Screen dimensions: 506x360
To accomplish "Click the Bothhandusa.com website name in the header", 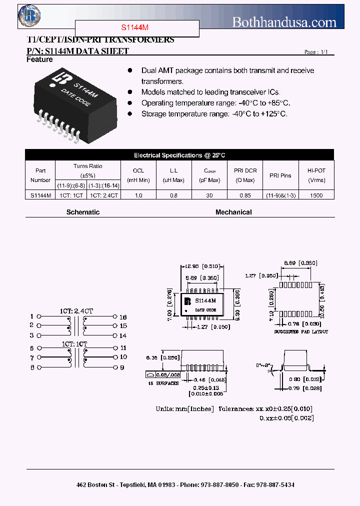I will point(284,22).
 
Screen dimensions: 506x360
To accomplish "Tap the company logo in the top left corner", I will point(29,16).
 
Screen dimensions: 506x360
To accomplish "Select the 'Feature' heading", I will point(39,59).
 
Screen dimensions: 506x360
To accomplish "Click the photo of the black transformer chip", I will point(75,102).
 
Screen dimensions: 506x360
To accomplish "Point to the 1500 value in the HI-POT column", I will point(316,195).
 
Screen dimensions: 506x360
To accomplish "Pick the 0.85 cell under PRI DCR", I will point(245,195).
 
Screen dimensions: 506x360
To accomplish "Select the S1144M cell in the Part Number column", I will point(40,195).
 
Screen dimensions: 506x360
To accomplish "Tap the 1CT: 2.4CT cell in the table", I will point(104,195).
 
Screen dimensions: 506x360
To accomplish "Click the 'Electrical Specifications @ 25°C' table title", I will point(179,155).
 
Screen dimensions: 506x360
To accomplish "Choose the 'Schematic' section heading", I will point(83,212).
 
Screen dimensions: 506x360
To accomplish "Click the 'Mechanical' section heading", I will point(233,212).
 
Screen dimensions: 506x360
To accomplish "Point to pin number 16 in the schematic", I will point(123,317).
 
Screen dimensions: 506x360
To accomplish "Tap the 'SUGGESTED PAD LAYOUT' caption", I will point(301,331).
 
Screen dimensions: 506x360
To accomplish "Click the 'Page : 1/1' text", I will point(316,52).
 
